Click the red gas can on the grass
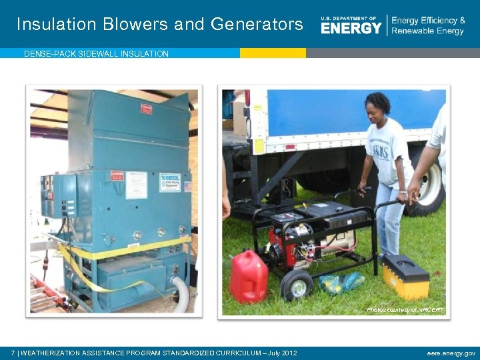(249, 277)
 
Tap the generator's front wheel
(296, 285)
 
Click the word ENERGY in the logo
(351, 28)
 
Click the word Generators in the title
(257, 25)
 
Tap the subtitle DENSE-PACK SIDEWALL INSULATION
(96, 54)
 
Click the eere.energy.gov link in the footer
(451, 353)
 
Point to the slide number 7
(13, 353)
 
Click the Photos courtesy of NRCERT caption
(405, 310)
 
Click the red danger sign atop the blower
(147, 109)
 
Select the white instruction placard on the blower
(137, 185)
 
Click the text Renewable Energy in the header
(427, 31)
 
